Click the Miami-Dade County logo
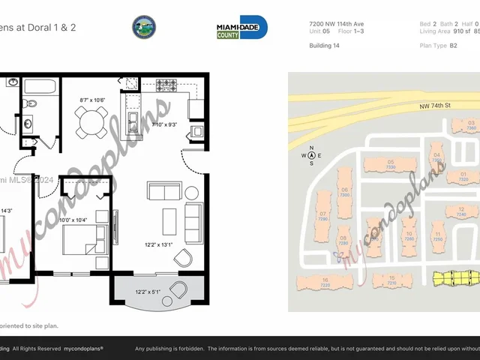pos(241,28)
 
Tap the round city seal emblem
pos(144,28)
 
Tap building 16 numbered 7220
pos(325,283)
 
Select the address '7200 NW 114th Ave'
pos(335,24)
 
